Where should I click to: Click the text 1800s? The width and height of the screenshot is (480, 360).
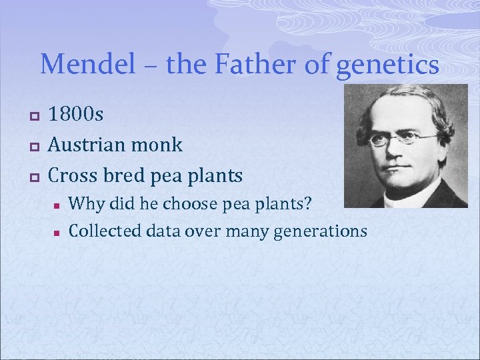pyautogui.click(x=77, y=115)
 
